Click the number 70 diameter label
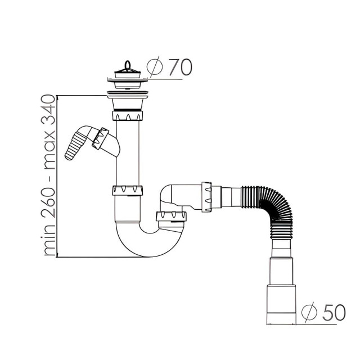click(180, 67)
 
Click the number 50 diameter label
click(334, 313)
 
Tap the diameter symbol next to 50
click(309, 313)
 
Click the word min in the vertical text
click(49, 241)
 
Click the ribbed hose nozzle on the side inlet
click(75, 147)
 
